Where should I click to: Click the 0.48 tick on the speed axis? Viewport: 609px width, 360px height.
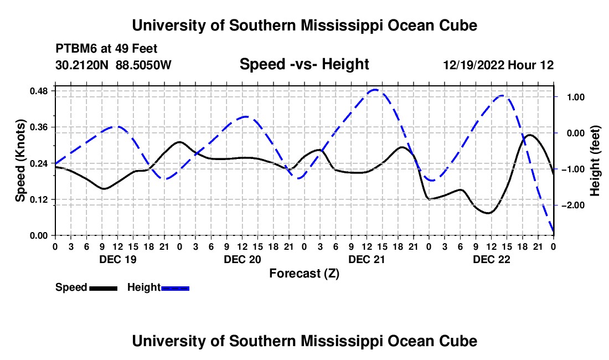[x=39, y=91]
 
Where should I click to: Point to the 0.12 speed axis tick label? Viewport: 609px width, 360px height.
[x=39, y=199]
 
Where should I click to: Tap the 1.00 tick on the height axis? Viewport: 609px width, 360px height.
[x=576, y=97]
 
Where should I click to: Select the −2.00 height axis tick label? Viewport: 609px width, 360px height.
[x=573, y=205]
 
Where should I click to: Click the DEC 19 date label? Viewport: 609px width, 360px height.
[x=118, y=259]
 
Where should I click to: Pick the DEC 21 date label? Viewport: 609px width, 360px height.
[x=367, y=259]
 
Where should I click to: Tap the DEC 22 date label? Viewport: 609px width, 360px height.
[x=491, y=259]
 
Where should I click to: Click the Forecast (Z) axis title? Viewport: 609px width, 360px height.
[x=304, y=274]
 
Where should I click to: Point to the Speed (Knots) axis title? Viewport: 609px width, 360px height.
[x=20, y=161]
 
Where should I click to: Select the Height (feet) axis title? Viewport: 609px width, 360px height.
[x=595, y=161]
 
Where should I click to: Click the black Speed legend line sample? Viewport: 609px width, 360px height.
[x=104, y=288]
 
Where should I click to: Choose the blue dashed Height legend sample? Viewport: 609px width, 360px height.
[x=175, y=288]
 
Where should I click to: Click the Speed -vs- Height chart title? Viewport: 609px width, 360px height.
[x=304, y=64]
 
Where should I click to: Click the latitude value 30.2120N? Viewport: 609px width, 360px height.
[x=82, y=65]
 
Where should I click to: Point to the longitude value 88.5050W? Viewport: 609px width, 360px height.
[x=143, y=65]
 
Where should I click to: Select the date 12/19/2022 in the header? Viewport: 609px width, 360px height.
[x=474, y=65]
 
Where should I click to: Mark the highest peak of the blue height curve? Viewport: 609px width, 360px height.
[x=375, y=90]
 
